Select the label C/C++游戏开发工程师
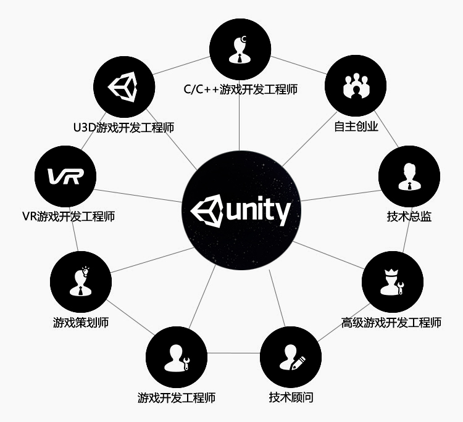[240, 89]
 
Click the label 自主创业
[356, 127]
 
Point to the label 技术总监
[409, 217]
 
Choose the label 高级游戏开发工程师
[391, 322]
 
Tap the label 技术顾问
[291, 397]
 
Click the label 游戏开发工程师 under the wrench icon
[177, 397]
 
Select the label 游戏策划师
[81, 322]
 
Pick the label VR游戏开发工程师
[68, 217]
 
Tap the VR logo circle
[65, 176]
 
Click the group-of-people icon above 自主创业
[356, 86]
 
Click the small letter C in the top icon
[244, 39]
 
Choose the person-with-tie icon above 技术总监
[409, 176]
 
